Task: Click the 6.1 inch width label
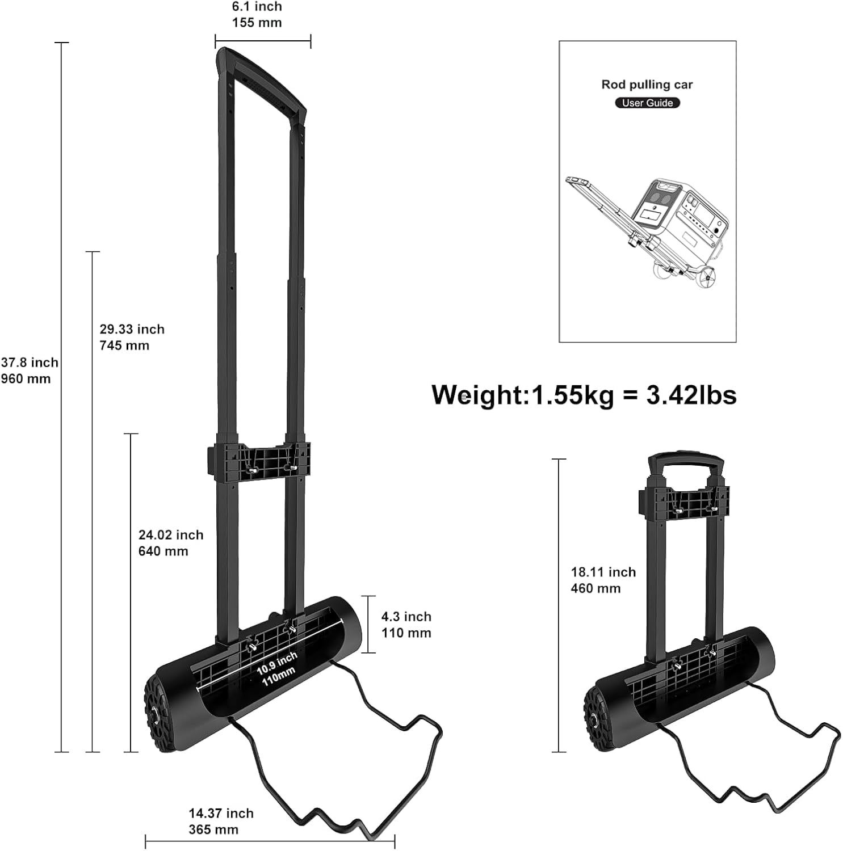[x=257, y=7]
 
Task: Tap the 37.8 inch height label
[x=30, y=363]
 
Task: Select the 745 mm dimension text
[x=124, y=346]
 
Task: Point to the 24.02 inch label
[x=171, y=535]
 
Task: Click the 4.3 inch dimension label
[x=406, y=617]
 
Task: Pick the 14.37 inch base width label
[x=221, y=814]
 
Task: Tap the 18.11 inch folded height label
[x=603, y=572]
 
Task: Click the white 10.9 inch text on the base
[x=277, y=663]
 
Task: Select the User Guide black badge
[x=647, y=103]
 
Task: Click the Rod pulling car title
[x=647, y=85]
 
